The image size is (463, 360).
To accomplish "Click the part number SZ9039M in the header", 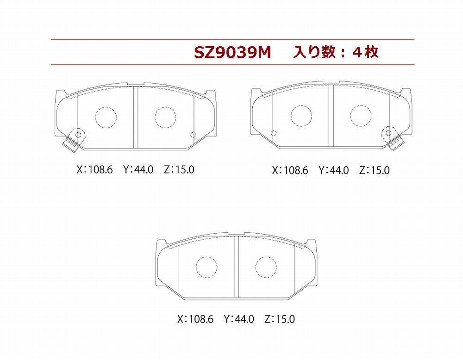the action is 232,53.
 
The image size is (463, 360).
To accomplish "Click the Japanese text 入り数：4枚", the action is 336,52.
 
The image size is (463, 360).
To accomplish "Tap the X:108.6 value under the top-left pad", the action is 94,170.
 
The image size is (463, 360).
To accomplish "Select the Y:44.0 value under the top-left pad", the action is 138,170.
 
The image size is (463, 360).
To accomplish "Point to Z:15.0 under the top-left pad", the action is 179,170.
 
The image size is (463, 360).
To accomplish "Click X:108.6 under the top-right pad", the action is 290,171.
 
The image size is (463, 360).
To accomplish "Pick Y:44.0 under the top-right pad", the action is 334,171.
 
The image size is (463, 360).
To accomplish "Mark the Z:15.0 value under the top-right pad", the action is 375,171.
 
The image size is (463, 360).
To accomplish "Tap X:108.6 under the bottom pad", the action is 195,319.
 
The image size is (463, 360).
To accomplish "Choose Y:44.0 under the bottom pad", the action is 239,319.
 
